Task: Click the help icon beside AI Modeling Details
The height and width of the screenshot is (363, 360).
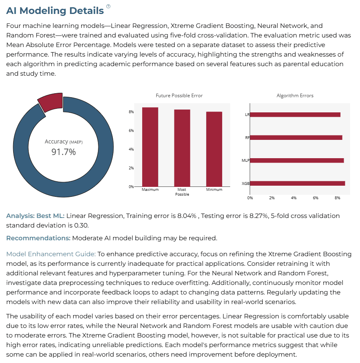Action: pos(108,6)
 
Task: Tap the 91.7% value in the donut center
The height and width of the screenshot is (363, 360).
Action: pos(63,152)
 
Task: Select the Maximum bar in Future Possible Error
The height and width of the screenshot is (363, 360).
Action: pos(150,147)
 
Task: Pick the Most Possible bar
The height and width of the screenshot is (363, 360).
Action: pos(182,148)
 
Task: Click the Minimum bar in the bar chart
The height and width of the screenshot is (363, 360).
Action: pos(214,149)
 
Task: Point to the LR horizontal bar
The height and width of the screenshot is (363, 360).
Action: pos(295,115)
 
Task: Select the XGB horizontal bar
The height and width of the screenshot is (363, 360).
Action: pos(297,183)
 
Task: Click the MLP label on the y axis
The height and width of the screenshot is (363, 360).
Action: pos(245,161)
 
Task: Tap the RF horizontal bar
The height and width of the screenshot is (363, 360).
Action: pos(296,137)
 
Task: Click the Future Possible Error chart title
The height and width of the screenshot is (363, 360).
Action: pos(179,96)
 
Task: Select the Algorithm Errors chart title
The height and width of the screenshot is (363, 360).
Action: pos(295,96)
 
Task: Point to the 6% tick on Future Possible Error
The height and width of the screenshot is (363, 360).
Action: pos(131,131)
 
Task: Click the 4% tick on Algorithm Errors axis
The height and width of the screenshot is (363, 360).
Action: pos(293,198)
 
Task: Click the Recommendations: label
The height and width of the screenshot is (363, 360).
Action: pos(38,238)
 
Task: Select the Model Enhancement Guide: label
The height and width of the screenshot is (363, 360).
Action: pos(51,254)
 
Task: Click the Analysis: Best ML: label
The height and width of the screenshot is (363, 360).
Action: pos(35,216)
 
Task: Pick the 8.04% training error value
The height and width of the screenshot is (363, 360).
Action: pos(187,216)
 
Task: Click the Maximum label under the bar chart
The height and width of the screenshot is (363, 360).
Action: pos(150,190)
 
